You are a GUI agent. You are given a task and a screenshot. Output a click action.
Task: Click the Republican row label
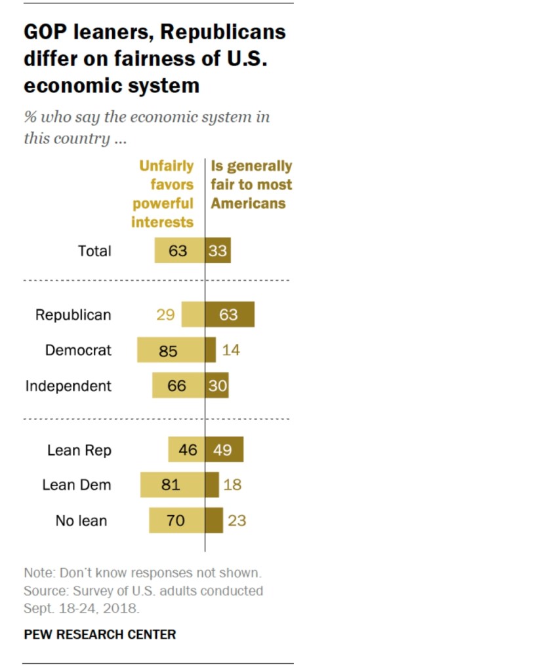tap(73, 315)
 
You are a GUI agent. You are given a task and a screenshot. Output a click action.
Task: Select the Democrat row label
tap(78, 351)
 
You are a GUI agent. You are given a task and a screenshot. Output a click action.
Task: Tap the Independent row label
tap(68, 386)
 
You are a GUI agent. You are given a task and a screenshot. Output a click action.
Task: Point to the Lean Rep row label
tap(79, 450)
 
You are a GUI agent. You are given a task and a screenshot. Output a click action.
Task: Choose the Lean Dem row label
tap(77, 486)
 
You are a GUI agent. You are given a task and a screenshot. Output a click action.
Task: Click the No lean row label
tap(81, 522)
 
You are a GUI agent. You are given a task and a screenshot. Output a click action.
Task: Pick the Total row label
tap(94, 251)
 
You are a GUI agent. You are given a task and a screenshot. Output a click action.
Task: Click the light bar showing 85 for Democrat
tap(171, 351)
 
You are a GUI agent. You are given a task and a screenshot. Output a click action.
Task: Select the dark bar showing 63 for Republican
tap(230, 315)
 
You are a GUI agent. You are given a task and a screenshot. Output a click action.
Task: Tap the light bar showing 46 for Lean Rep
tap(186, 450)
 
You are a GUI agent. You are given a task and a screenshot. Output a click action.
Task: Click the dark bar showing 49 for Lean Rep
tap(224, 450)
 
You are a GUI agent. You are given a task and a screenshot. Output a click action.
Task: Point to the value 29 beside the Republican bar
tap(165, 315)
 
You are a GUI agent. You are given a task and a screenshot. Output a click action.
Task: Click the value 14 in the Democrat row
tap(231, 351)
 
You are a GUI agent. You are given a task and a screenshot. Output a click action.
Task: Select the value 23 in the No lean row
tap(237, 522)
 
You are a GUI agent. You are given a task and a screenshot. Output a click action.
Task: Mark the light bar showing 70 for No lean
tap(176, 522)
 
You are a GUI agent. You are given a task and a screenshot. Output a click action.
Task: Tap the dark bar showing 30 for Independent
tap(217, 386)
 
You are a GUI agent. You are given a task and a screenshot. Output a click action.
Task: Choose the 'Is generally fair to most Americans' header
tap(251, 185)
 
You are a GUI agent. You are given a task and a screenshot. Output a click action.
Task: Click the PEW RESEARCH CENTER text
tap(100, 634)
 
